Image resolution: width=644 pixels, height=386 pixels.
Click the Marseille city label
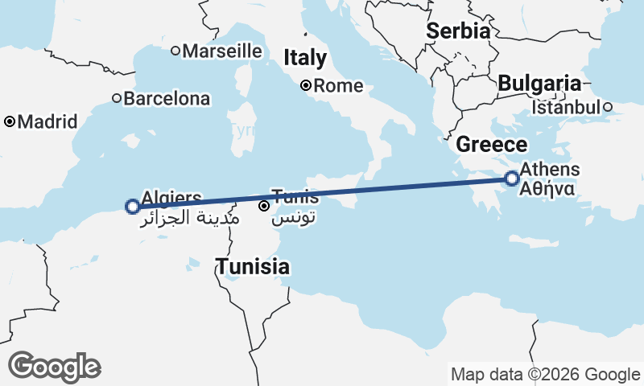pyautogui.click(x=222, y=51)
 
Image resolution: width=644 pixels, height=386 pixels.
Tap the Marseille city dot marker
pyautogui.click(x=175, y=51)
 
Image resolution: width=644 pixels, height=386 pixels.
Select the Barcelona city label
pyautogui.click(x=167, y=99)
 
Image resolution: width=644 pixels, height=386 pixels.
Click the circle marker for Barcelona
pyautogui.click(x=117, y=98)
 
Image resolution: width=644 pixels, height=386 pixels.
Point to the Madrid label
pyautogui.click(x=47, y=122)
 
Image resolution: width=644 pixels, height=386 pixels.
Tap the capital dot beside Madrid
pyautogui.click(x=10, y=122)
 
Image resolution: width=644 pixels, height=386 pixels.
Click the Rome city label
pyautogui.click(x=339, y=86)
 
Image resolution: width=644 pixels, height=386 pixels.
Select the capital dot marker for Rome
pyautogui.click(x=306, y=85)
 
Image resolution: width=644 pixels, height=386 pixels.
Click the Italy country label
pyautogui.click(x=305, y=58)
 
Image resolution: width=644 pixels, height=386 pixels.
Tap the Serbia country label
pyautogui.click(x=458, y=31)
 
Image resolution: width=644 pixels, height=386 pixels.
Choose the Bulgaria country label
pyautogui.click(x=539, y=83)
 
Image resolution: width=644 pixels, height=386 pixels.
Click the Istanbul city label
pyautogui.click(x=567, y=107)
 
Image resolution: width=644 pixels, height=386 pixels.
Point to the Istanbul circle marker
pyautogui.click(x=609, y=106)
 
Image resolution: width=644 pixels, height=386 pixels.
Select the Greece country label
pyautogui.click(x=492, y=145)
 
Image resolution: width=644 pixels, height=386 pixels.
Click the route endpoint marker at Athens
pyautogui.click(x=511, y=179)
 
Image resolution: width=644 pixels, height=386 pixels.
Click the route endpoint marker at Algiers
pyautogui.click(x=133, y=207)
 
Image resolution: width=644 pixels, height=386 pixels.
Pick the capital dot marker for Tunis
pyautogui.click(x=263, y=206)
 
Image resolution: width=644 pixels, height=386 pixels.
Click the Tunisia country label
pyautogui.click(x=252, y=266)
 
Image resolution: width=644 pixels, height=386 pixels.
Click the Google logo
pyautogui.click(x=54, y=366)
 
